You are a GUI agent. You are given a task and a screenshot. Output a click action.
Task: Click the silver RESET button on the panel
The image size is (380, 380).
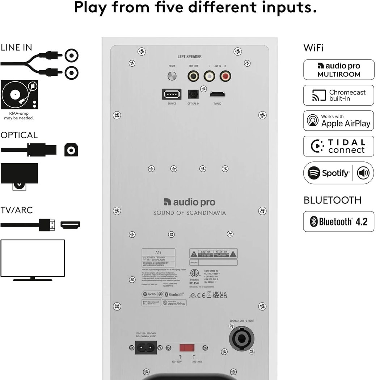(x=172, y=76)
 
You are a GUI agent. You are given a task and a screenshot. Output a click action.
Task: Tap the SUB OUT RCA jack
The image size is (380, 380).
(x=193, y=76)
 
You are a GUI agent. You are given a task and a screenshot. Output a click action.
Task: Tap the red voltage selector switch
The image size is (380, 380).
(x=187, y=348)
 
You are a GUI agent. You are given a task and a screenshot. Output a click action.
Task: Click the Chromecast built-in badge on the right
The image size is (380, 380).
(x=338, y=95)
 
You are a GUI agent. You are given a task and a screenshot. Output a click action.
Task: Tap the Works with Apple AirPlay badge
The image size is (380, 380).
(x=338, y=121)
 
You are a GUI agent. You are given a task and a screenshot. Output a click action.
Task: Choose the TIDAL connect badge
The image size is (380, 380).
(x=338, y=146)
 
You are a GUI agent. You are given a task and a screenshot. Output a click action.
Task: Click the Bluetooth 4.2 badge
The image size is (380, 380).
(x=338, y=221)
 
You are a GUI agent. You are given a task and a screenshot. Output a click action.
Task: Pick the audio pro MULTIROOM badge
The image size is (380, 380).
(x=338, y=70)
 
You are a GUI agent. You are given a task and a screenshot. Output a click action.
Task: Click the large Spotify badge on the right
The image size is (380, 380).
(x=338, y=173)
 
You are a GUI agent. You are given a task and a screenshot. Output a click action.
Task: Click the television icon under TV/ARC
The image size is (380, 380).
(x=33, y=259)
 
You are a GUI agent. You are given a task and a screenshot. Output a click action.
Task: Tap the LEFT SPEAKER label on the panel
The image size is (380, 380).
(x=189, y=57)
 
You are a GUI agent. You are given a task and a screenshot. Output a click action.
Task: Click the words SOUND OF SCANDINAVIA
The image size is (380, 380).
(x=189, y=213)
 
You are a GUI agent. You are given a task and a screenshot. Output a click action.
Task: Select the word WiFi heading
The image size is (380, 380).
(x=313, y=48)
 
